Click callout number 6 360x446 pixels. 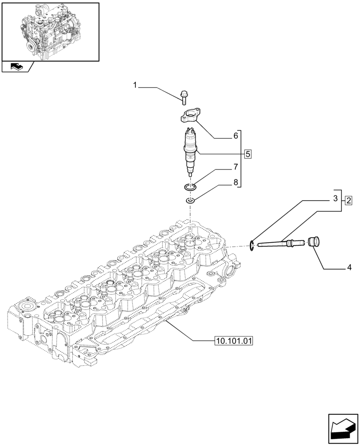coord(236,136)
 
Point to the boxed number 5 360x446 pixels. coord(248,154)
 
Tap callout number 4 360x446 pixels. coord(349,268)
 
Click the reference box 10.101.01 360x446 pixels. coord(233,342)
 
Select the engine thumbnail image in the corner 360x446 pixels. coord(51,31)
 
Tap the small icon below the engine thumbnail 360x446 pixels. coord(16,67)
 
